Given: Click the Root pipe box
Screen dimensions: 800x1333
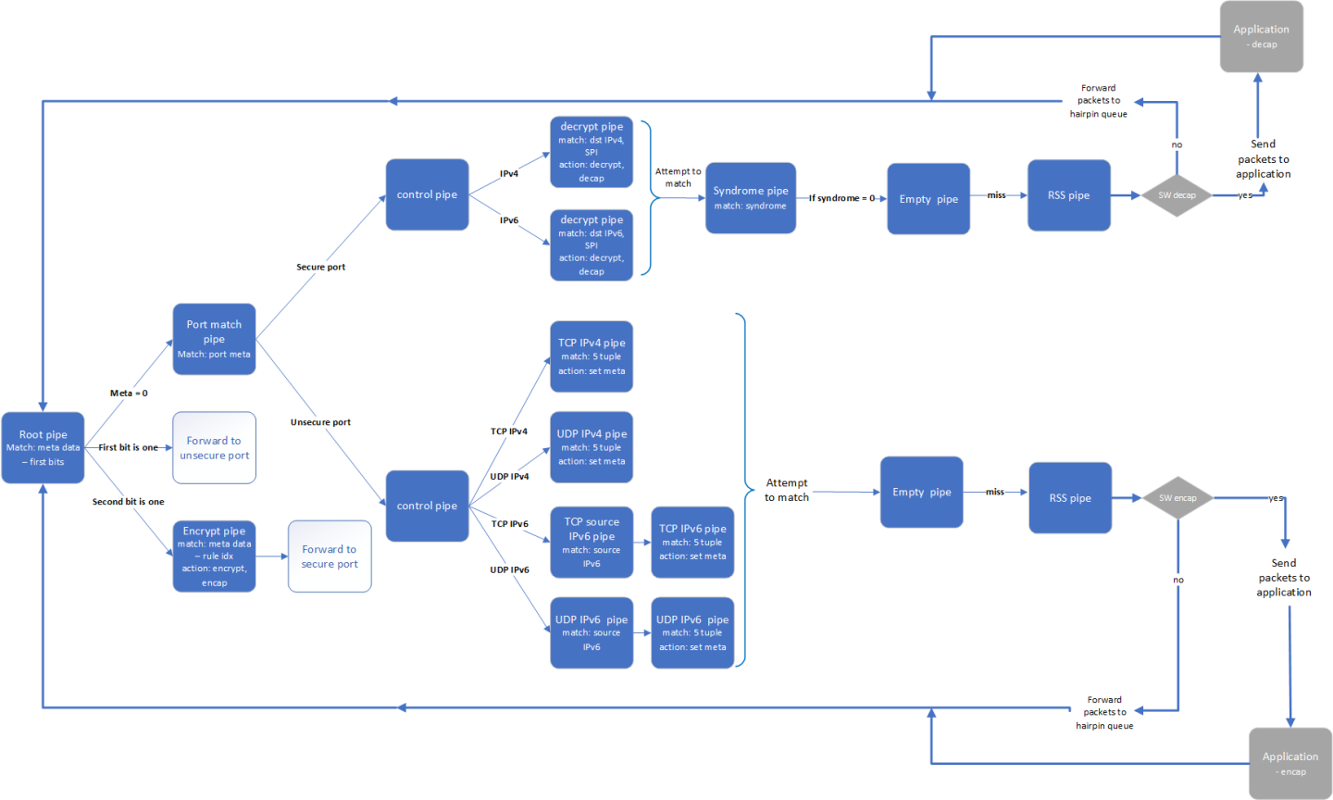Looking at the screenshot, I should [43, 448].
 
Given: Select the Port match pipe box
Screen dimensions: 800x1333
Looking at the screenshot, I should [214, 339].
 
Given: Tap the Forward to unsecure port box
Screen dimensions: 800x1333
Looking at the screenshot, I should [214, 448].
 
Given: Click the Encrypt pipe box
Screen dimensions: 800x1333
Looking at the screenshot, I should [214, 556].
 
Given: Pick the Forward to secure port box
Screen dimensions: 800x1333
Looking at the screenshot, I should [330, 556].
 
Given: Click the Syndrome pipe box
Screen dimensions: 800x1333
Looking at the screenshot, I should [750, 198].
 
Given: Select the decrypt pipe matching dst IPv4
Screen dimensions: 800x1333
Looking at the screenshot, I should [592, 152].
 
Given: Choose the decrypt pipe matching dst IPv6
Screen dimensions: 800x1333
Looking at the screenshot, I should [592, 245].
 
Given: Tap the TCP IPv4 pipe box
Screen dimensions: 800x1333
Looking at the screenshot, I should [592, 356].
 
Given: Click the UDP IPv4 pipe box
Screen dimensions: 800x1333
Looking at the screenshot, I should [592, 447].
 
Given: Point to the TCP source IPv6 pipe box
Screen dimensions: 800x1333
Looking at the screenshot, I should [592, 542].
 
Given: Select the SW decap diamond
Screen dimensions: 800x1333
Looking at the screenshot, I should [1177, 195].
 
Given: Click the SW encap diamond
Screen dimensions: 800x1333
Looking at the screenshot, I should [1177, 498].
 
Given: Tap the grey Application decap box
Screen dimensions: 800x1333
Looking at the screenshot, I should [1261, 36].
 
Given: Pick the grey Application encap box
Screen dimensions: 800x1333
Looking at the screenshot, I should [1289, 763].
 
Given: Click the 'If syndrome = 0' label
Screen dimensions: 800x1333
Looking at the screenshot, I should [841, 198].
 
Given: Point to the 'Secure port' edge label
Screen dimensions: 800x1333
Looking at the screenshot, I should [320, 267].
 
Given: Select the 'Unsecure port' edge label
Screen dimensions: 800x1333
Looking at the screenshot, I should [320, 422].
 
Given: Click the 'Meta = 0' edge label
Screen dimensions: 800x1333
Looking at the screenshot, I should [129, 394].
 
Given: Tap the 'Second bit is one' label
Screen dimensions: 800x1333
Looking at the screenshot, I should [128, 502].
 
